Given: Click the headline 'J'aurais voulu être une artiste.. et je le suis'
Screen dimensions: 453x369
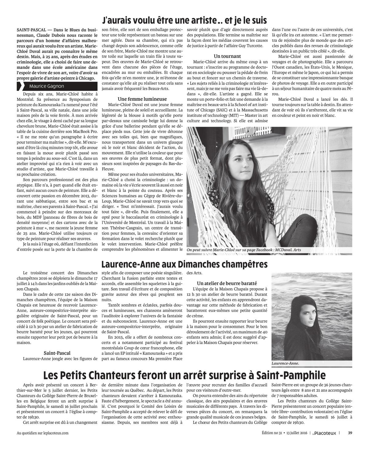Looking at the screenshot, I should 184,21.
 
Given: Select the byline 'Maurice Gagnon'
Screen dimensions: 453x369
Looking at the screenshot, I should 47,86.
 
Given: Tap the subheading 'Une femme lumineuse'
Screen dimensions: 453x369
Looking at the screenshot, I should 142,99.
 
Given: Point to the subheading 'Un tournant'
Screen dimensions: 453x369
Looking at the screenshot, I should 227,56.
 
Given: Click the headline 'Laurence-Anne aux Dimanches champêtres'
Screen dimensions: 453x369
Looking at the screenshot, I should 184,264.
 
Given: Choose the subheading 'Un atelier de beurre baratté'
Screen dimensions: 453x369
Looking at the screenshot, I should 227,283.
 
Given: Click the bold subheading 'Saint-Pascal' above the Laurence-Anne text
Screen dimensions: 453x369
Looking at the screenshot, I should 57,353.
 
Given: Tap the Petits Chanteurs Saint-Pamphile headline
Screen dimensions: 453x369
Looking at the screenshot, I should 184,375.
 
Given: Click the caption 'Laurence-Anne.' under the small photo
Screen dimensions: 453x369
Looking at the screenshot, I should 285,363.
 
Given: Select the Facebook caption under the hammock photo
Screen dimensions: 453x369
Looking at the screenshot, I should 244,250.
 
